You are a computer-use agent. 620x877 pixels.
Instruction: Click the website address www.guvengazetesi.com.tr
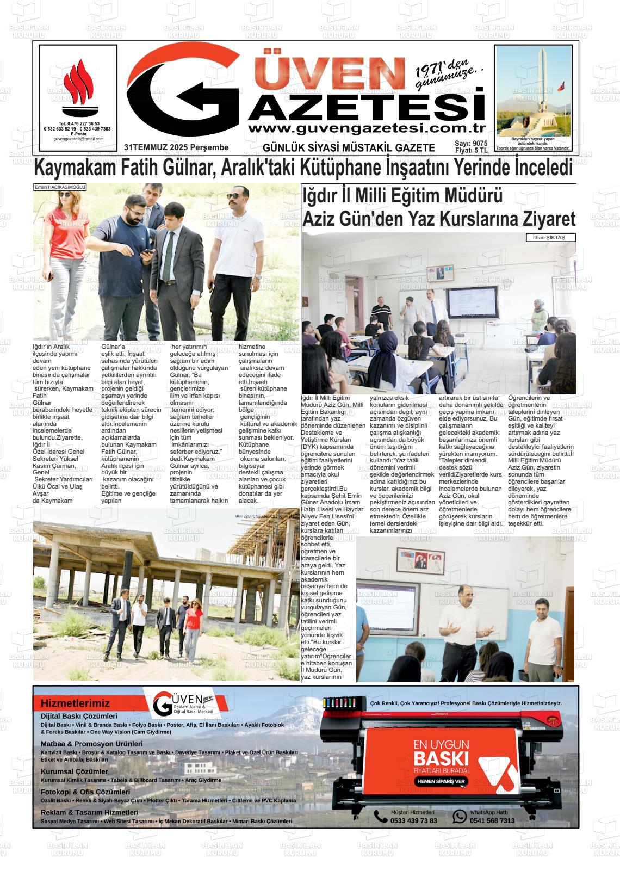(367, 128)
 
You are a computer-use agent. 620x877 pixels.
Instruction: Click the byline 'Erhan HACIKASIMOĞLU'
(60, 187)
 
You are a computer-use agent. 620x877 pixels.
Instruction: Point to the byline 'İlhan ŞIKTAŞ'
(550, 238)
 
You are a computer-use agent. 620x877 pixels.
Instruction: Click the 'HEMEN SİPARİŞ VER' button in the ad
(441, 781)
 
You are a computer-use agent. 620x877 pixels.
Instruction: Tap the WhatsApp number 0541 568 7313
(492, 820)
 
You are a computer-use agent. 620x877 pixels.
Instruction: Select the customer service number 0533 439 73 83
(413, 820)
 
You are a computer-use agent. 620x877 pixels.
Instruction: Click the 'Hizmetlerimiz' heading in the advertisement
(75, 703)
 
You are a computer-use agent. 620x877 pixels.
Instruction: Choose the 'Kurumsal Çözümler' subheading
(74, 771)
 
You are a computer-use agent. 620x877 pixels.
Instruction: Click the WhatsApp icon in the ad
(460, 816)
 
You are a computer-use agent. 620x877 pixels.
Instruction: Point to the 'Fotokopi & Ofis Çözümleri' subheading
(85, 792)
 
